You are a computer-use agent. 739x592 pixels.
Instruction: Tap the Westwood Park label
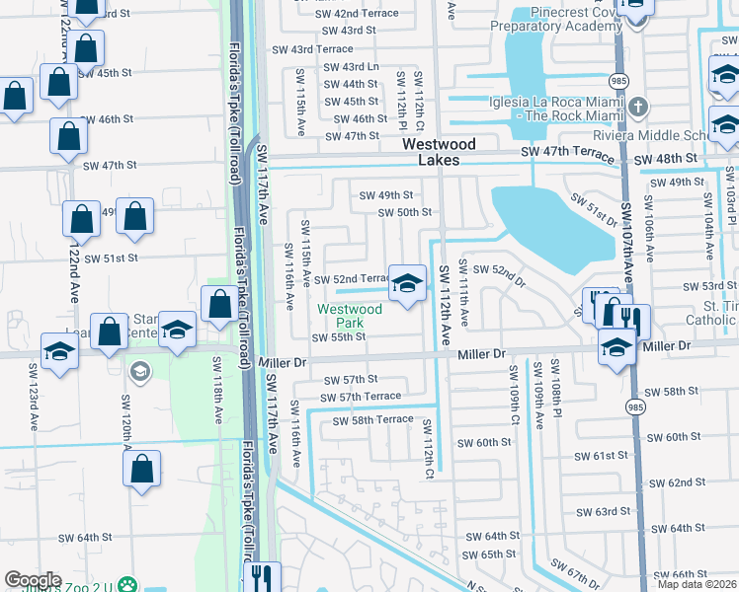[349, 316]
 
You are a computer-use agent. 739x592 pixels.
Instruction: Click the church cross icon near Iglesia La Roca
[638, 107]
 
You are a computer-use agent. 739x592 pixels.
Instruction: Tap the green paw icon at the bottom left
[127, 584]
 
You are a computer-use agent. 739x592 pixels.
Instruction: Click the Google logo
[33, 580]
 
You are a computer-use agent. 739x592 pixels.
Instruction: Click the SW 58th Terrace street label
[372, 420]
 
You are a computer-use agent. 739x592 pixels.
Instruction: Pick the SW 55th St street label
[339, 337]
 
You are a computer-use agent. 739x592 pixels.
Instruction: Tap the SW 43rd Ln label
[353, 67]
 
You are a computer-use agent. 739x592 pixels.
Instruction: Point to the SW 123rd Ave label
[36, 407]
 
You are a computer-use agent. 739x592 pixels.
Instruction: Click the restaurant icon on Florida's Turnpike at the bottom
[261, 575]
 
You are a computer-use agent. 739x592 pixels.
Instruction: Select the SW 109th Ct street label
[513, 395]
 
